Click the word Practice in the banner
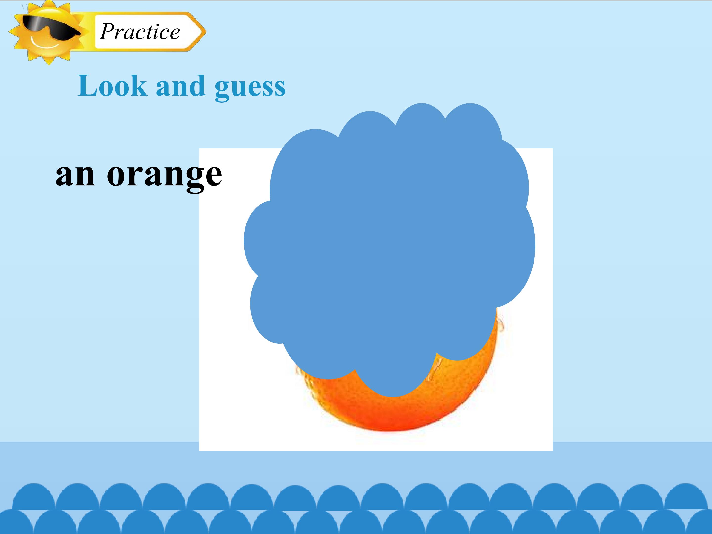pos(140,32)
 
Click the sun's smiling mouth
pos(45,44)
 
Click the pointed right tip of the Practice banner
pos(205,32)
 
